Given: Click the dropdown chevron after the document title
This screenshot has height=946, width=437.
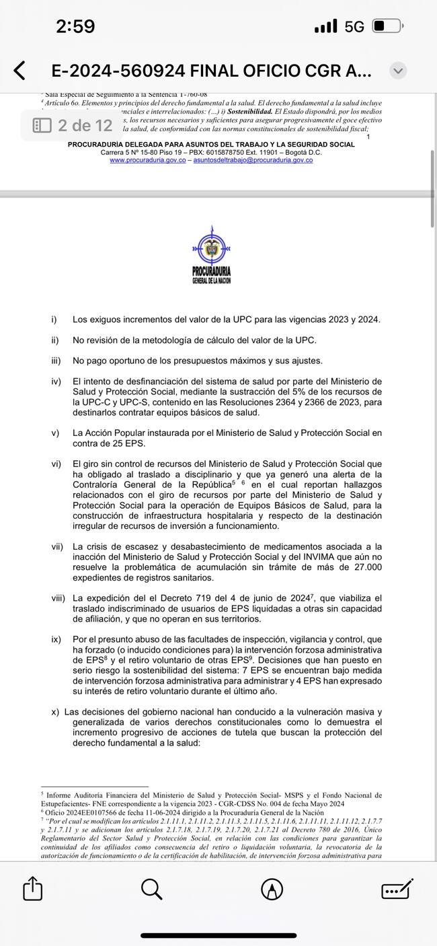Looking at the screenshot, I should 398,71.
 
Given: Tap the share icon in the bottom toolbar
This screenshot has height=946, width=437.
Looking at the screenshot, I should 33,889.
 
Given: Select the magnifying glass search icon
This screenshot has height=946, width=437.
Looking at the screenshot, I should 152,889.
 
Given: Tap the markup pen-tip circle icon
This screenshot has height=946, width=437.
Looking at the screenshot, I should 272,889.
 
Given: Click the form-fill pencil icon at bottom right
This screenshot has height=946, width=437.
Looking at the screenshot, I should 397,889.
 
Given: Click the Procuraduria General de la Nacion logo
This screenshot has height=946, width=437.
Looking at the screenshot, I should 211,256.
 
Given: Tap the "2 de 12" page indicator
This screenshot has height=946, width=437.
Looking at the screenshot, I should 73,125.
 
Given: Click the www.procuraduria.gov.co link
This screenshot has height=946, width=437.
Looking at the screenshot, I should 148,160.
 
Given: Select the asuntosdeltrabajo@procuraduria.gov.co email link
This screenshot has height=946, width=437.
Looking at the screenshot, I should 253,160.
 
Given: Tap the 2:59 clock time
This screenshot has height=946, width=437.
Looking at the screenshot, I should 75,27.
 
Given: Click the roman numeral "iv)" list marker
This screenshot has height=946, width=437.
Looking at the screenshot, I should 56,382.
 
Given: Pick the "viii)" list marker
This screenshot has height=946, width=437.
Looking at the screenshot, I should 58,598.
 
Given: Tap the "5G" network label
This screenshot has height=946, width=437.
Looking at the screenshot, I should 354,27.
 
